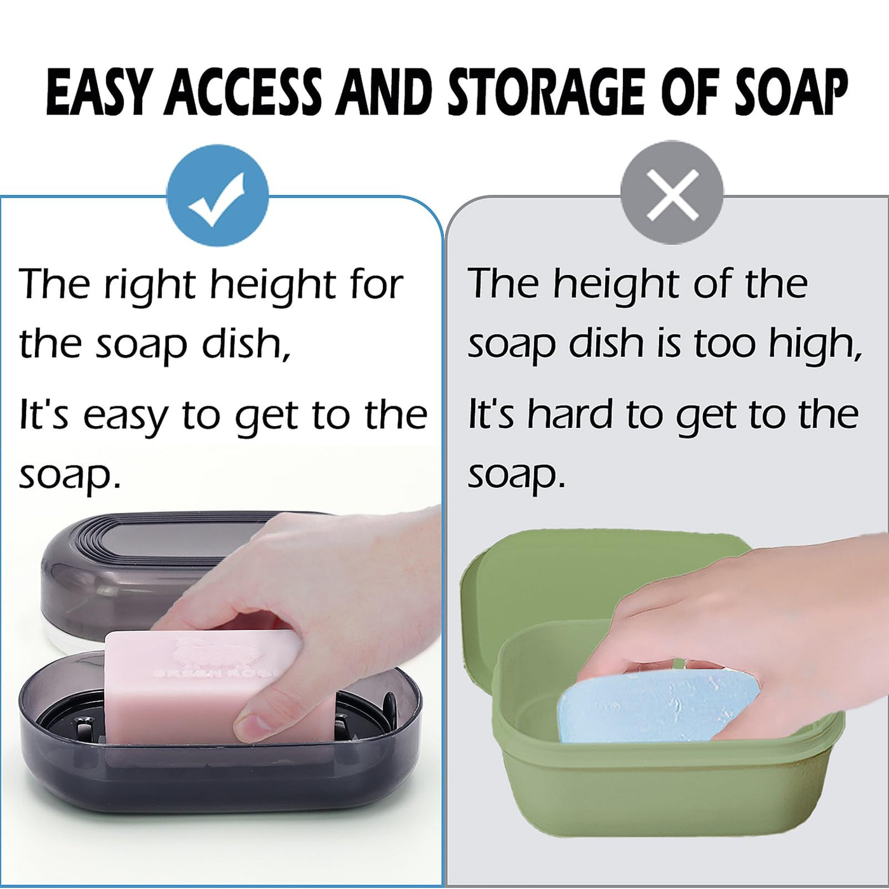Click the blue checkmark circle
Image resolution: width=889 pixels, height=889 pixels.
[217, 198]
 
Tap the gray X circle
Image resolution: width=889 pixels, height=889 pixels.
[672, 193]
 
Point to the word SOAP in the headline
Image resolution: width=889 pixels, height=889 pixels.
[791, 92]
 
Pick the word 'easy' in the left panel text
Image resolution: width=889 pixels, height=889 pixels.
[124, 417]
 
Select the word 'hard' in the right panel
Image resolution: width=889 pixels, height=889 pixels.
[570, 413]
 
